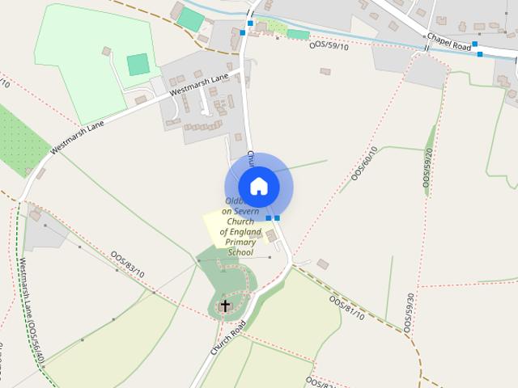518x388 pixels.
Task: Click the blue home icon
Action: [258, 186]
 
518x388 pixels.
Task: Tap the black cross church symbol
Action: [225, 306]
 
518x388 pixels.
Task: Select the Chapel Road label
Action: [448, 43]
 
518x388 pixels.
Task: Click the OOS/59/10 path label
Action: [329, 46]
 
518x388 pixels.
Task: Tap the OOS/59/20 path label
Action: [427, 168]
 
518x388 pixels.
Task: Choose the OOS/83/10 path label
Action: [127, 263]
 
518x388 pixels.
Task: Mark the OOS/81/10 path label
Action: [347, 307]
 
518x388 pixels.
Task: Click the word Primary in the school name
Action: [240, 242]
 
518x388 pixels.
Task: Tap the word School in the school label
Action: [240, 252]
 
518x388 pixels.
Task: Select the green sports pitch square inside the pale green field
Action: [138, 64]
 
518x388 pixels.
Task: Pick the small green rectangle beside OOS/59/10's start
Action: [298, 34]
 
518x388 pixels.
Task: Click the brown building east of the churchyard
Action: [323, 264]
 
